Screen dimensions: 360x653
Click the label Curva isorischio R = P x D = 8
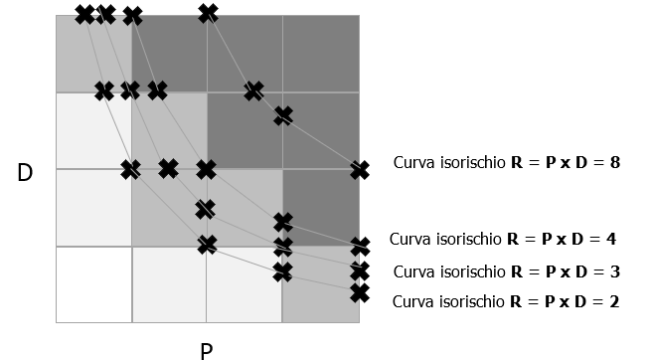(507, 161)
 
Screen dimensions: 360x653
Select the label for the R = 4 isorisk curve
(504, 240)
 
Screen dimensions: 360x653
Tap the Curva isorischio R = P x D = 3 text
(506, 271)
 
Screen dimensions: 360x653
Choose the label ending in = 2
(506, 300)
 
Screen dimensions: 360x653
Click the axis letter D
(26, 172)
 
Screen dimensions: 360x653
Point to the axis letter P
(206, 349)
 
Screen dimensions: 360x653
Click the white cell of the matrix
(93, 284)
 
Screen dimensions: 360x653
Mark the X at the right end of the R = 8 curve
(360, 171)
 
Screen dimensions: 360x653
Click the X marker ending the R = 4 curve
(360, 246)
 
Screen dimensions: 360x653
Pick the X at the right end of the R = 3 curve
(360, 271)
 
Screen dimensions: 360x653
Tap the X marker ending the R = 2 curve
(360, 292)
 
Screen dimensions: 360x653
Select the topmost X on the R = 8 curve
(208, 13)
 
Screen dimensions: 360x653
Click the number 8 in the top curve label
(615, 161)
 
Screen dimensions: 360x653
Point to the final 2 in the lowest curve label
(614, 300)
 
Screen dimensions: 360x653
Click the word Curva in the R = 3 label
(413, 271)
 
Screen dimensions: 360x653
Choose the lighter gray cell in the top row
(93, 54)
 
